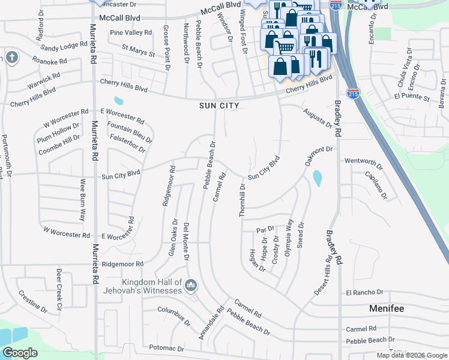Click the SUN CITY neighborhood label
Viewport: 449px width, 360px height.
[219, 106]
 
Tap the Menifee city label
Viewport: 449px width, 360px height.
[387, 308]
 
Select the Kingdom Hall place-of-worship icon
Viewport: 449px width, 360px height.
[191, 284]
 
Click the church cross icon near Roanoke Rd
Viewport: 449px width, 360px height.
[11, 58]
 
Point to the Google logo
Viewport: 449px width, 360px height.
[20, 353]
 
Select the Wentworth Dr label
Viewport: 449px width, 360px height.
[363, 162]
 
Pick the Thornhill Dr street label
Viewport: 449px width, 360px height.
[243, 200]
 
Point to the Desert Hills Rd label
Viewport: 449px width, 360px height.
[322, 277]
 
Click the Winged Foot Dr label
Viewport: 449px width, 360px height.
[243, 31]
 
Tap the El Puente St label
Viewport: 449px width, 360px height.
[412, 97]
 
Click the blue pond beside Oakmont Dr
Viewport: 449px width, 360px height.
[316, 178]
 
